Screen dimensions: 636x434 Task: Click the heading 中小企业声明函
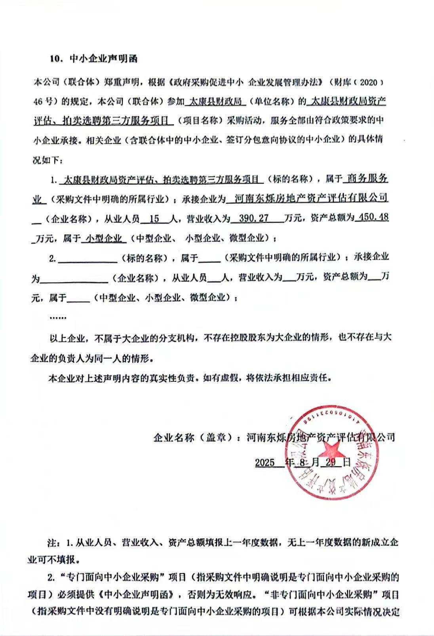[x=103, y=58]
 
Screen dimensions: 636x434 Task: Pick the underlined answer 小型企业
[x=104, y=239]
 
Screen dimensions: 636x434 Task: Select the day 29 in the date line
[x=331, y=462]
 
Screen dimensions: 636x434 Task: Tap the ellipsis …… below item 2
[x=58, y=318]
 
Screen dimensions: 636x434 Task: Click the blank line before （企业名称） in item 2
[x=74, y=279]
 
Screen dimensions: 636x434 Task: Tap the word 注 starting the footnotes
[x=53, y=541]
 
